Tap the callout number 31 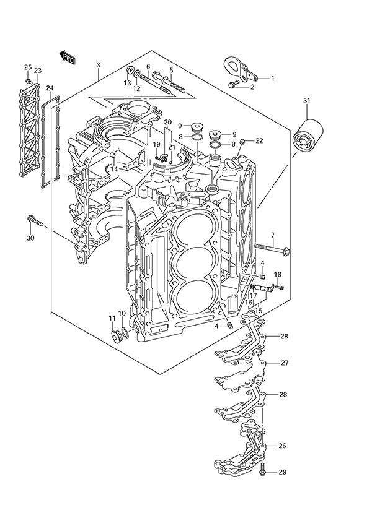[307, 101]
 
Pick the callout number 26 [282, 446]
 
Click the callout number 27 [285, 363]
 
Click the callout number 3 [99, 66]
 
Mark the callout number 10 [122, 314]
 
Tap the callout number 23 [38, 71]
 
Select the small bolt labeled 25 [28, 81]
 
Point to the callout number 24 [50, 88]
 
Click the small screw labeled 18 [280, 287]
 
